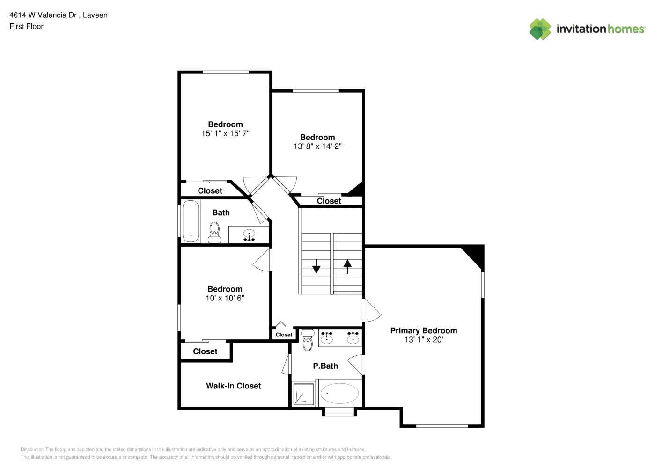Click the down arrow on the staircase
(x=316, y=266)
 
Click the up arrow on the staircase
(x=347, y=266)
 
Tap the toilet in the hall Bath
(x=214, y=233)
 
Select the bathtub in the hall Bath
(x=191, y=221)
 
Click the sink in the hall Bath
(x=249, y=235)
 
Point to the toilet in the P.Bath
(x=308, y=340)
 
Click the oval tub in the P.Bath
(x=339, y=393)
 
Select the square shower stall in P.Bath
(x=303, y=394)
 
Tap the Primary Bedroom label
(x=424, y=330)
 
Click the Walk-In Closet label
(x=234, y=386)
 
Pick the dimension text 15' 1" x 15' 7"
(x=226, y=133)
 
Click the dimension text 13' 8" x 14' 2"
(x=318, y=146)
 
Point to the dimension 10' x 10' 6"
(x=225, y=298)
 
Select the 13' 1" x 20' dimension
(x=424, y=340)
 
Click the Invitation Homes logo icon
(x=540, y=29)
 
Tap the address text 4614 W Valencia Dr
(x=43, y=15)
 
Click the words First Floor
(x=26, y=26)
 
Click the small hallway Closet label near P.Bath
(x=284, y=335)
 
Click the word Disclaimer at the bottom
(x=32, y=449)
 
